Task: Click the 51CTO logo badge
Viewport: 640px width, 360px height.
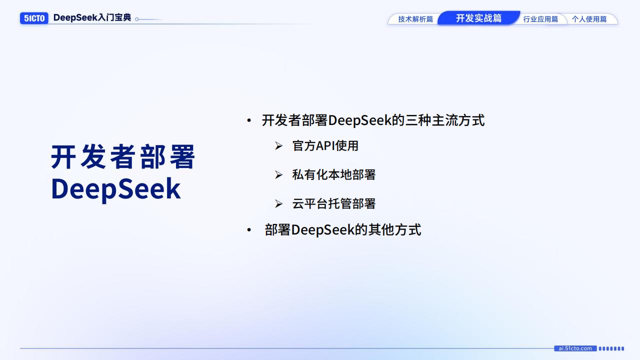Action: point(34,18)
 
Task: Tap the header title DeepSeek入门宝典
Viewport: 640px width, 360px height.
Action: point(92,18)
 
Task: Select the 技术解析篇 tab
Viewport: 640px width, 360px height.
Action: point(415,19)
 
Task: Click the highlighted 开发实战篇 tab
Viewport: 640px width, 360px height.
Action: point(478,18)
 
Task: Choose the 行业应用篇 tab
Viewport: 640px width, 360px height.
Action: point(540,19)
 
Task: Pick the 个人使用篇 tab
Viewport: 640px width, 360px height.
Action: point(589,19)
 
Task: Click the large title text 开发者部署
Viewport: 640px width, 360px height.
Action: point(123,157)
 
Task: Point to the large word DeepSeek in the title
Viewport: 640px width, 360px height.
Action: point(115,189)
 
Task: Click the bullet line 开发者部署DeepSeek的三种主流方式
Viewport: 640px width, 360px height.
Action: point(373,120)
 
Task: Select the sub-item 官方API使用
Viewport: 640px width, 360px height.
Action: point(325,146)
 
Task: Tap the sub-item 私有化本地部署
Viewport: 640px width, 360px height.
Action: point(333,174)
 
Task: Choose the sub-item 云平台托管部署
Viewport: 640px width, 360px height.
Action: point(333,203)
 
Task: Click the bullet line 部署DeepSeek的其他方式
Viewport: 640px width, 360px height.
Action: point(342,229)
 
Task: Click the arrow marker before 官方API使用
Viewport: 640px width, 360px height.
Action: point(278,146)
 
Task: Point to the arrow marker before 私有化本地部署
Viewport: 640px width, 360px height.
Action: point(278,175)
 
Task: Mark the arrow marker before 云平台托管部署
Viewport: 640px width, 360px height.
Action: point(278,204)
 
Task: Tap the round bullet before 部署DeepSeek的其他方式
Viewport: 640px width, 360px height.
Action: point(249,230)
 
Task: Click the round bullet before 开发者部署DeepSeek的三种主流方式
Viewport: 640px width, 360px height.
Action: point(249,121)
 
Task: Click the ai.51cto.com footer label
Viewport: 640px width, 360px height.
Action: point(575,348)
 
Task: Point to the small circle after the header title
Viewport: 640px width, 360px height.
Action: point(137,19)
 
